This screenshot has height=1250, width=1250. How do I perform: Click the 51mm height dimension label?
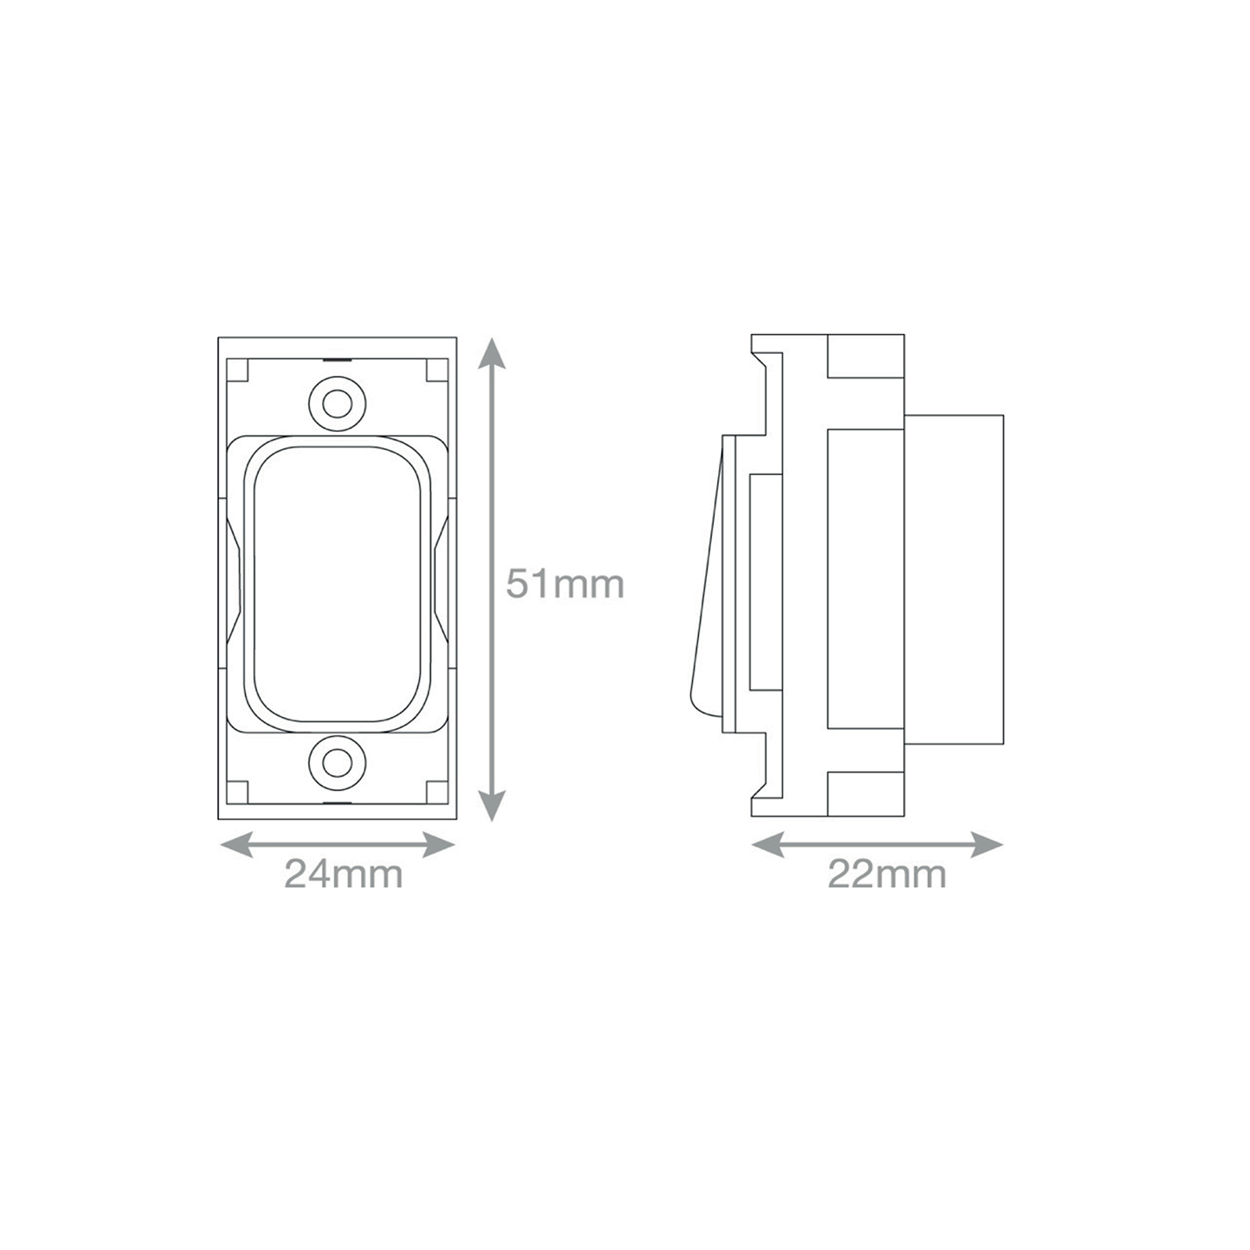click(x=565, y=584)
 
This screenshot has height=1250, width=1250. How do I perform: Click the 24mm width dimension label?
click(x=344, y=873)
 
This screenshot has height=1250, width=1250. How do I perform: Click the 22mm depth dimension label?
click(x=887, y=873)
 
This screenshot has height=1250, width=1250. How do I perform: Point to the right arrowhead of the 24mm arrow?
click(x=439, y=845)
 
